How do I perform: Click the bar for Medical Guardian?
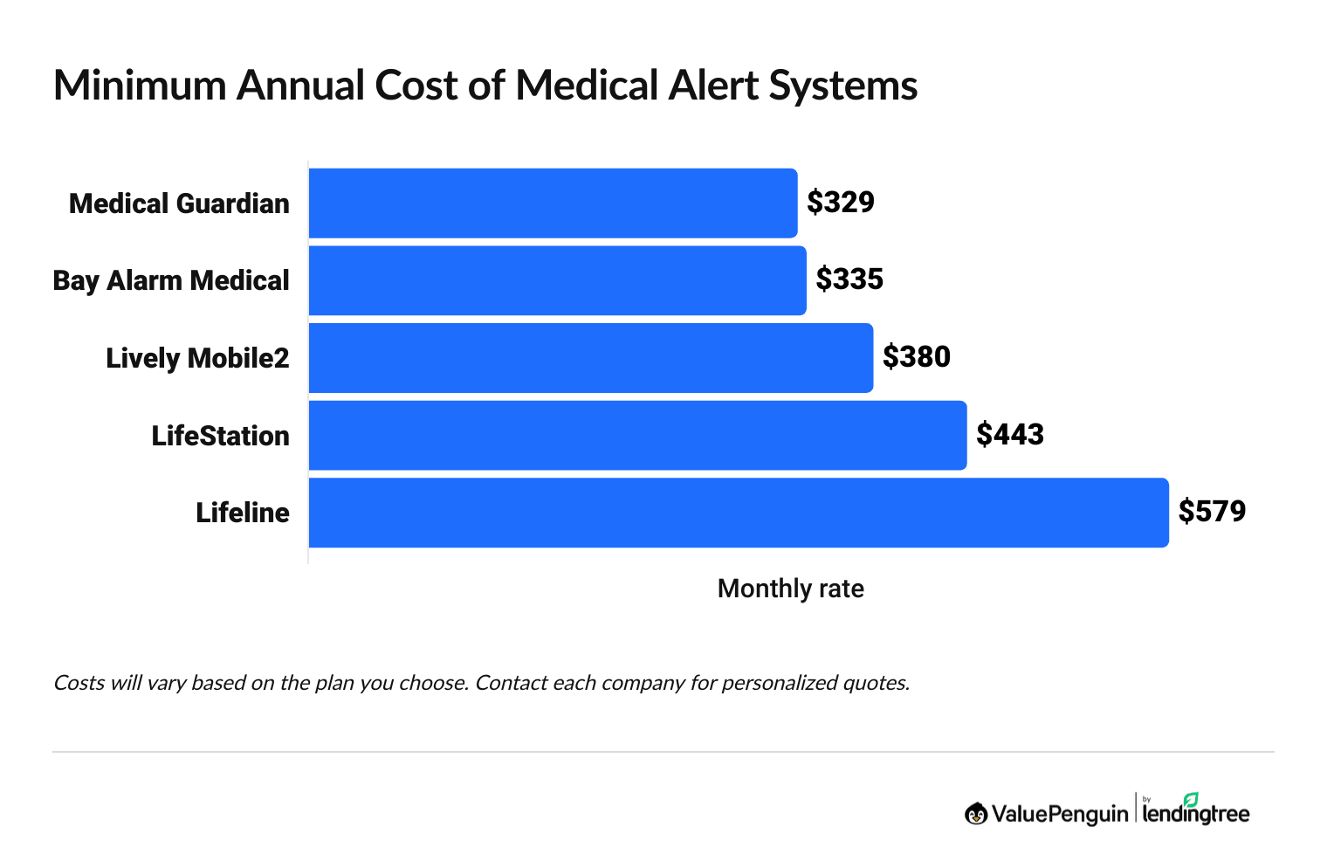553,203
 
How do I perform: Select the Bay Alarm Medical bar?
557,280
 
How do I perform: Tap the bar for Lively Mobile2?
590,358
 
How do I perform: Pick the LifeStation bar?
637,435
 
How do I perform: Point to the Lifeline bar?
739,513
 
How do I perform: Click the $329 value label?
840,202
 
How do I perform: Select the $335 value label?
849,279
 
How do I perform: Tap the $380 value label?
916,356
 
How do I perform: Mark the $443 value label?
1009,434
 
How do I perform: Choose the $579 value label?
1212,511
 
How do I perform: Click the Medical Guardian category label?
179,203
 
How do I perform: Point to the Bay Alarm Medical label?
171,280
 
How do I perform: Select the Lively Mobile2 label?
197,358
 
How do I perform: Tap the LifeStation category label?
220,436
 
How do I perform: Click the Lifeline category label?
242,513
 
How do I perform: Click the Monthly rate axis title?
790,589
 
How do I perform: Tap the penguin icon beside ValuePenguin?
976,814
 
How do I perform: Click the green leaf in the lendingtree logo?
1191,799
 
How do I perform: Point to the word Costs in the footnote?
79,683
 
